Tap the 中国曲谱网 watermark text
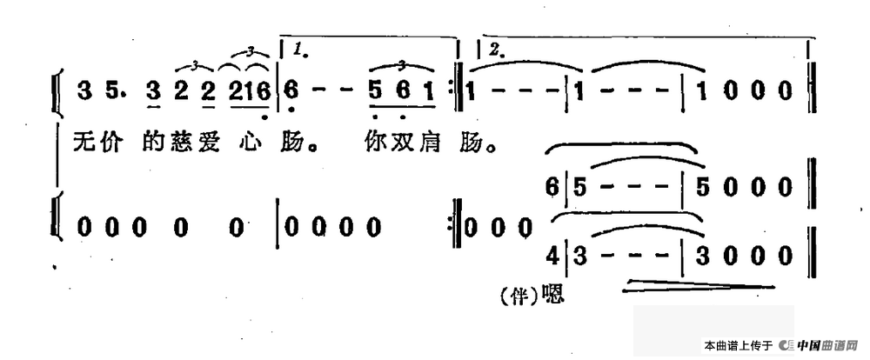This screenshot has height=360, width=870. point(826,346)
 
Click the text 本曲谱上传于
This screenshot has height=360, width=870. point(738,346)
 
